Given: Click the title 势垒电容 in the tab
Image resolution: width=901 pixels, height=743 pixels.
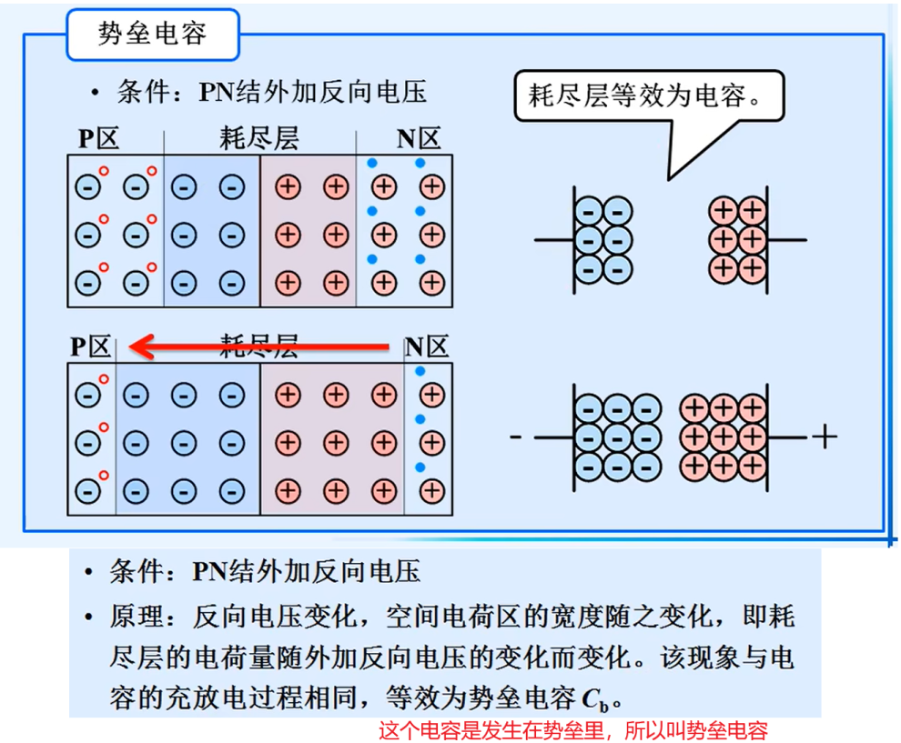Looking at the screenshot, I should coord(152,34).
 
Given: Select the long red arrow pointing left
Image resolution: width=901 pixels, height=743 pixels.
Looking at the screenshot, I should coord(264,346).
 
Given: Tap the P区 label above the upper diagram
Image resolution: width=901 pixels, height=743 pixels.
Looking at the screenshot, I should coord(98,138).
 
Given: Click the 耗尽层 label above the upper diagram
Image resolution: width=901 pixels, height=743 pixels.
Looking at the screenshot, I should coord(259,138).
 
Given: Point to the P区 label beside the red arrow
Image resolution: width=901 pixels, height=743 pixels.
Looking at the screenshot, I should coord(91,346).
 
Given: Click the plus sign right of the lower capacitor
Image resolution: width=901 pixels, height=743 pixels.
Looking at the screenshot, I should coord(824,437).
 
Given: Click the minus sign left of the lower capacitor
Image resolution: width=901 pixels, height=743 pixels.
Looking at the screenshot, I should coord(516,437).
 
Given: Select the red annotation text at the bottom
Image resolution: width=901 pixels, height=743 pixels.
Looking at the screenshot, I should coord(572,729).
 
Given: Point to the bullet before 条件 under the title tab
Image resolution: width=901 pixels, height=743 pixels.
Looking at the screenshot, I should coord(95,93).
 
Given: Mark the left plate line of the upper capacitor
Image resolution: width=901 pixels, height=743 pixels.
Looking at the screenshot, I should coord(573,239).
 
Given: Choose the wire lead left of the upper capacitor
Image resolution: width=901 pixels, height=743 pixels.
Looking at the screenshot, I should coord(552,240).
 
